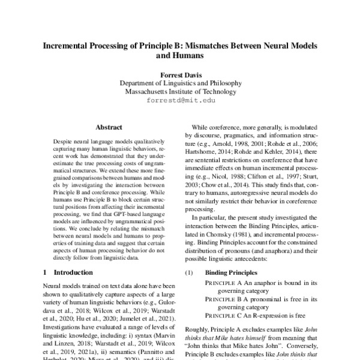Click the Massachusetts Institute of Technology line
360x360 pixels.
[x=180, y=92]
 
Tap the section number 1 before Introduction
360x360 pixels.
[x=46, y=272]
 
